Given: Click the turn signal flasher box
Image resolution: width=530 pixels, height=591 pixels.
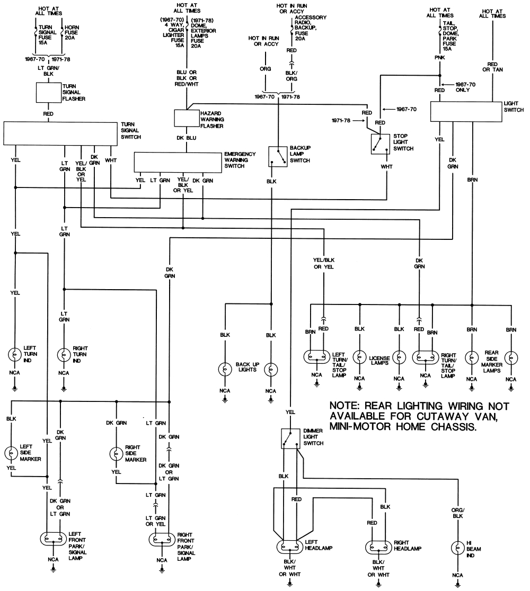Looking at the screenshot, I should [x=48, y=93].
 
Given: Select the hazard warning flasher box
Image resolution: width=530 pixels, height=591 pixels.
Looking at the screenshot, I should [x=187, y=118].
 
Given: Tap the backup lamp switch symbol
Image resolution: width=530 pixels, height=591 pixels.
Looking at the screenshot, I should [x=278, y=156].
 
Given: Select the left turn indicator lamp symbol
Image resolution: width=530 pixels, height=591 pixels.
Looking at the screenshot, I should [x=15, y=354].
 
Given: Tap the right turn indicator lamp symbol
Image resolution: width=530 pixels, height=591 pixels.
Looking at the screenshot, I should [x=64, y=354].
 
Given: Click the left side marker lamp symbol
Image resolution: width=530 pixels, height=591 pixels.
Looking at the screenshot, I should [x=11, y=453].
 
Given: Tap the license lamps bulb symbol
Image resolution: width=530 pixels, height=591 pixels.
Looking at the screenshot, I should [x=360, y=357].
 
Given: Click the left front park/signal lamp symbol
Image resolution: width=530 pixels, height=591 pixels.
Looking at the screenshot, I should [x=54, y=538].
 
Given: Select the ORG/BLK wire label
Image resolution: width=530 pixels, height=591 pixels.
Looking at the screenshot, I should [x=457, y=513].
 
